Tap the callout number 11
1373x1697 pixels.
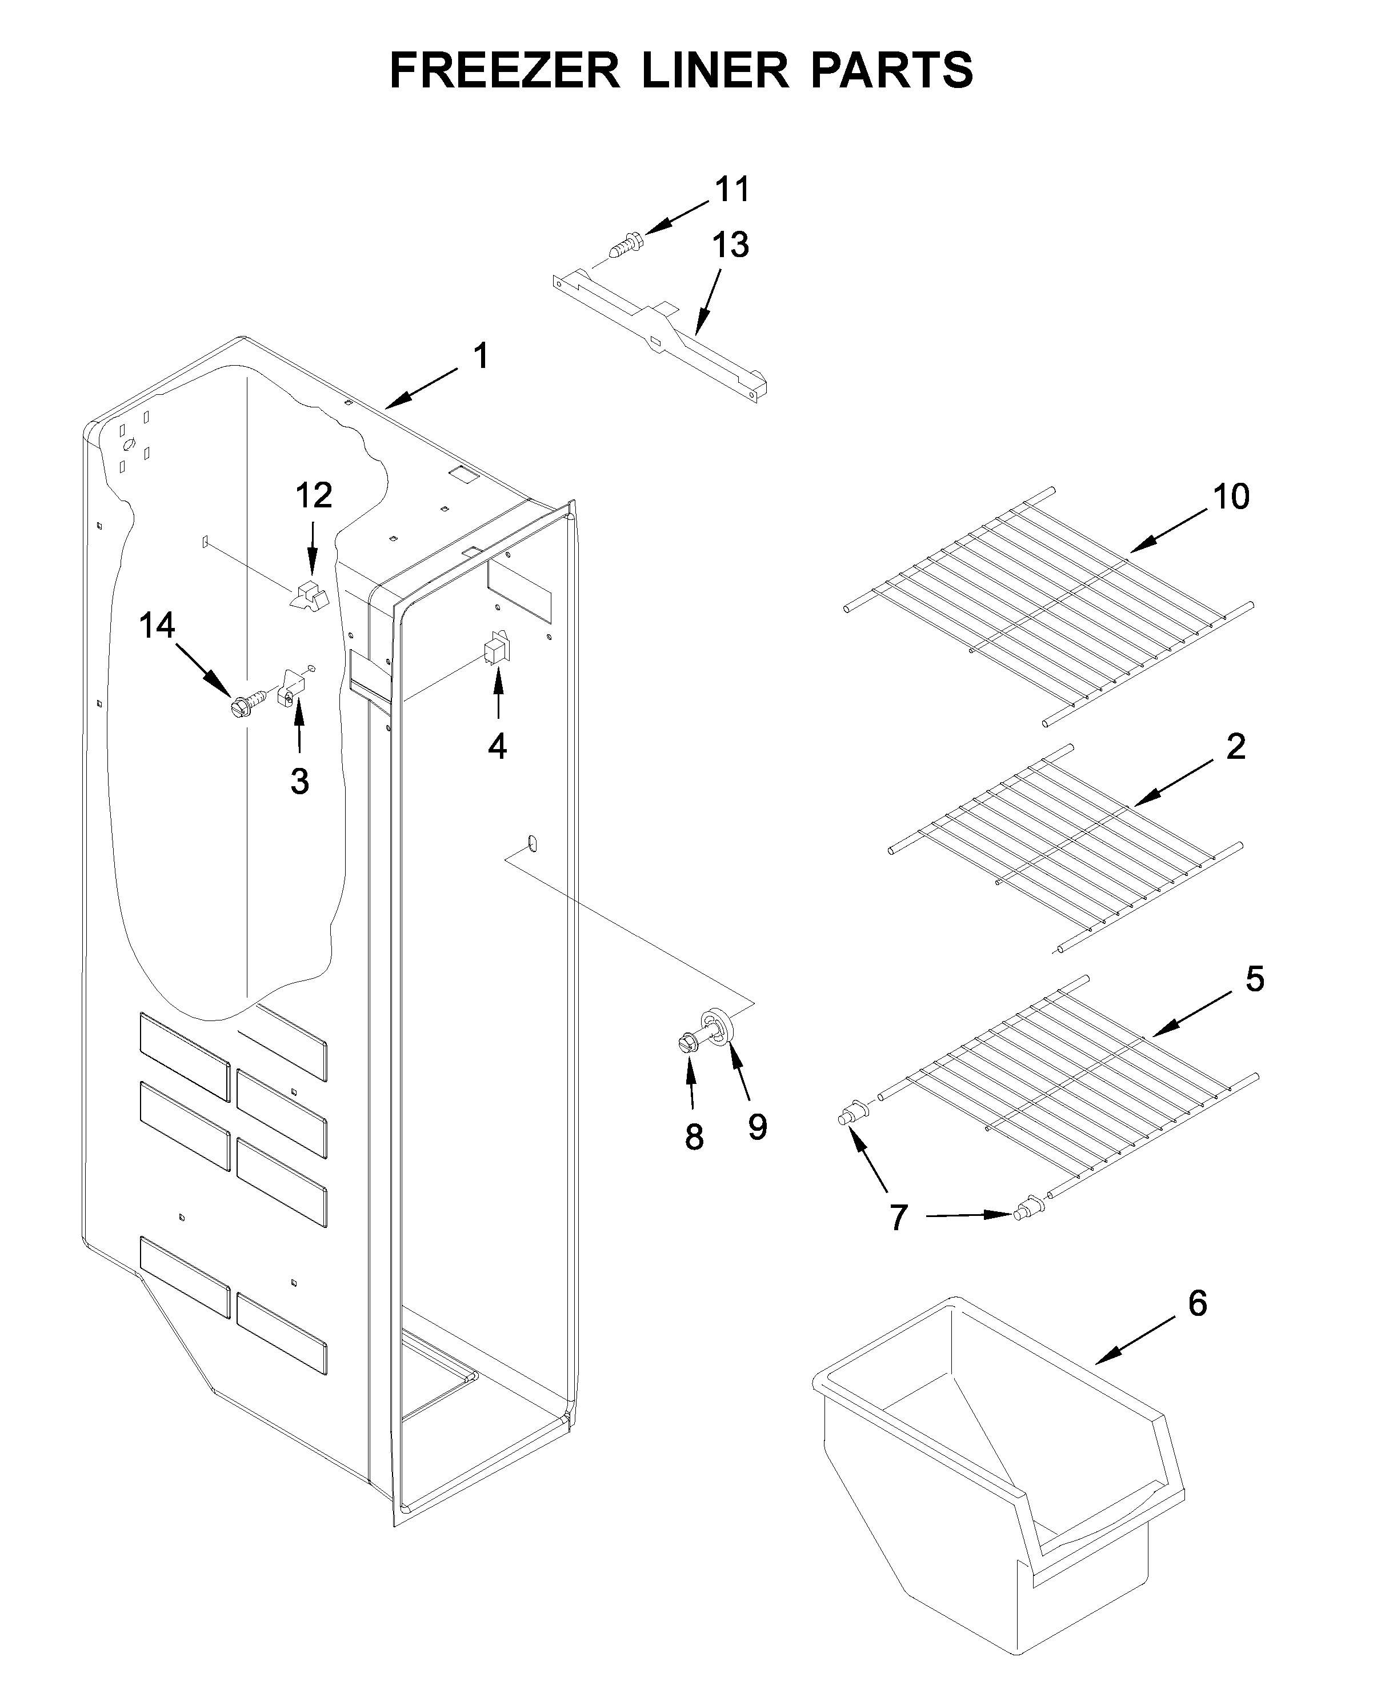[x=731, y=190]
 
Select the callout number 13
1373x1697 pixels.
[x=730, y=245]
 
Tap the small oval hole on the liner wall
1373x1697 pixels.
[x=533, y=843]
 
